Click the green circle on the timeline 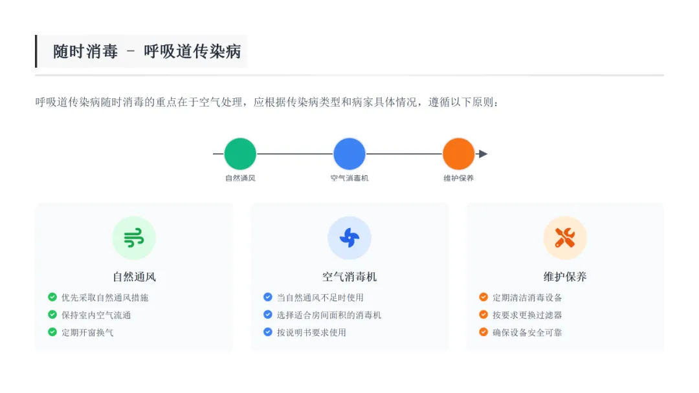pyautogui.click(x=240, y=154)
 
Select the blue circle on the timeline pyautogui.click(x=349, y=154)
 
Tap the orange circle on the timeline pyautogui.click(x=459, y=154)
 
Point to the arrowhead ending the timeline pyautogui.click(x=482, y=154)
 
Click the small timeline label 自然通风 pyautogui.click(x=240, y=178)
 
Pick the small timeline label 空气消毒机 pyautogui.click(x=349, y=178)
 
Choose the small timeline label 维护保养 pyautogui.click(x=459, y=178)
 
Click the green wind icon pyautogui.click(x=134, y=238)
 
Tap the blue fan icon pyautogui.click(x=349, y=238)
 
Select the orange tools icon pyautogui.click(x=565, y=238)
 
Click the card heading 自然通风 pyautogui.click(x=134, y=277)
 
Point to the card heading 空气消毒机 pyautogui.click(x=349, y=277)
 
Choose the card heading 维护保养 pyautogui.click(x=565, y=277)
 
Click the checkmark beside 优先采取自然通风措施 pyautogui.click(x=52, y=297)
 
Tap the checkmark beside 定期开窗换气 pyautogui.click(x=52, y=332)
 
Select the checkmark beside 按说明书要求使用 pyautogui.click(x=268, y=332)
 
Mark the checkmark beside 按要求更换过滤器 pyautogui.click(x=483, y=315)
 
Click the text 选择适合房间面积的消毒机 pyautogui.click(x=329, y=315)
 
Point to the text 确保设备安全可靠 pyautogui.click(x=527, y=332)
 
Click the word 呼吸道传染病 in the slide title pyautogui.click(x=192, y=52)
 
